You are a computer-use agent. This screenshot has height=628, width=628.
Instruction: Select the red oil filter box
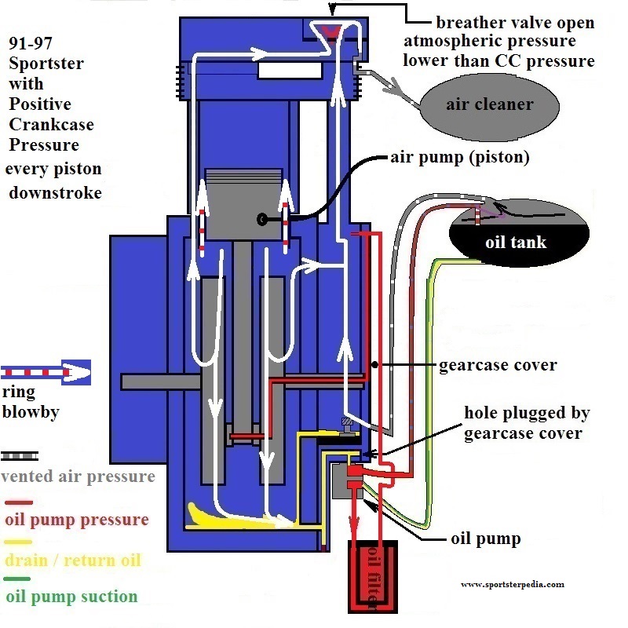(x=373, y=577)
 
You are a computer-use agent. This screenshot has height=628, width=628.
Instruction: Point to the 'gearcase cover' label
(x=498, y=365)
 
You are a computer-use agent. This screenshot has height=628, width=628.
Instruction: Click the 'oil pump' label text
(x=486, y=539)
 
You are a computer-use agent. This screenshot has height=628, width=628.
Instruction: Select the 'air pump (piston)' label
(x=460, y=157)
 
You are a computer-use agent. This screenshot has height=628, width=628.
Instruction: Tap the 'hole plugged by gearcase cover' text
(x=527, y=422)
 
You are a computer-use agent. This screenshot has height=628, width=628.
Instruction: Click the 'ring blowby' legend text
(x=31, y=402)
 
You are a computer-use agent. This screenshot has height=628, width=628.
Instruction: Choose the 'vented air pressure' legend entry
(x=78, y=476)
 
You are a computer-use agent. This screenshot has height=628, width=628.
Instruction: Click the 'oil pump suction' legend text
(x=71, y=597)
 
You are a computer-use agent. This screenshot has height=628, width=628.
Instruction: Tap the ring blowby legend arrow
(x=46, y=372)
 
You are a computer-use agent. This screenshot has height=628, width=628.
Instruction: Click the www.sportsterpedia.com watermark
(x=513, y=584)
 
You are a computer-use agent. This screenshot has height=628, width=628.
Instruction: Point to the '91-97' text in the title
(x=31, y=43)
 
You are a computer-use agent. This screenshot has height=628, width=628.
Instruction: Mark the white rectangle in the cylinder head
(x=290, y=71)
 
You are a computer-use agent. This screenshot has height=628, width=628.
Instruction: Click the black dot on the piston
(x=262, y=219)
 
